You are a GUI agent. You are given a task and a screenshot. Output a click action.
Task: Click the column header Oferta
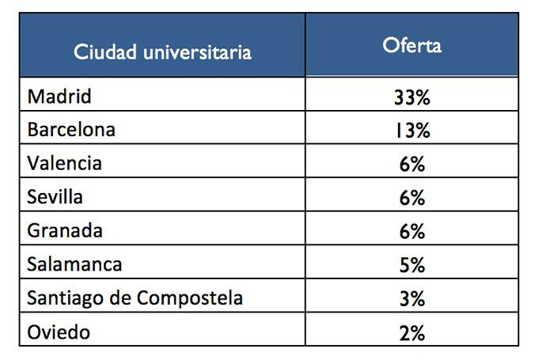[412, 45]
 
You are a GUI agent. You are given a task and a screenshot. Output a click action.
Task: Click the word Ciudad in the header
[102, 53]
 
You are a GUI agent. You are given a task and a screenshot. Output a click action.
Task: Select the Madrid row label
[59, 97]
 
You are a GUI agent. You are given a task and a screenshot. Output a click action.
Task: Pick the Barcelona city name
[70, 130]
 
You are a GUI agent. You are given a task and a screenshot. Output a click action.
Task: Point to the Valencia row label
[64, 163]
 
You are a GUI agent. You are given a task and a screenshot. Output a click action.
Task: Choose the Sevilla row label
[55, 196]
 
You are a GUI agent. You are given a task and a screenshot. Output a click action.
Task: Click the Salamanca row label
[74, 264]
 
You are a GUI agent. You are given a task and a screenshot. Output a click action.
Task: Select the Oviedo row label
[58, 332]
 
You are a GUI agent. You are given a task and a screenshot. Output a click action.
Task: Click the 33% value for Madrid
[412, 97]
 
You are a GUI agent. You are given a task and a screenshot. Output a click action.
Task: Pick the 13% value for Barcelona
[412, 131]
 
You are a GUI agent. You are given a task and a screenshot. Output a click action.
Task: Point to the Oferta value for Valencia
[412, 164]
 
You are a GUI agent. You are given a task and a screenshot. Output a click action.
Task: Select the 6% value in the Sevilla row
[412, 198]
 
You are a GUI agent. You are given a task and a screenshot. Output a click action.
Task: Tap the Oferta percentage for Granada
[412, 231]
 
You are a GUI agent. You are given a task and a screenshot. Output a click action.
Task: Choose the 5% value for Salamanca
[412, 265]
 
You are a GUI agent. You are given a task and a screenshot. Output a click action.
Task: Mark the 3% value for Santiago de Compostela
[412, 299]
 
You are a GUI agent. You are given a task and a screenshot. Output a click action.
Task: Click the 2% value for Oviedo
[412, 332]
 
